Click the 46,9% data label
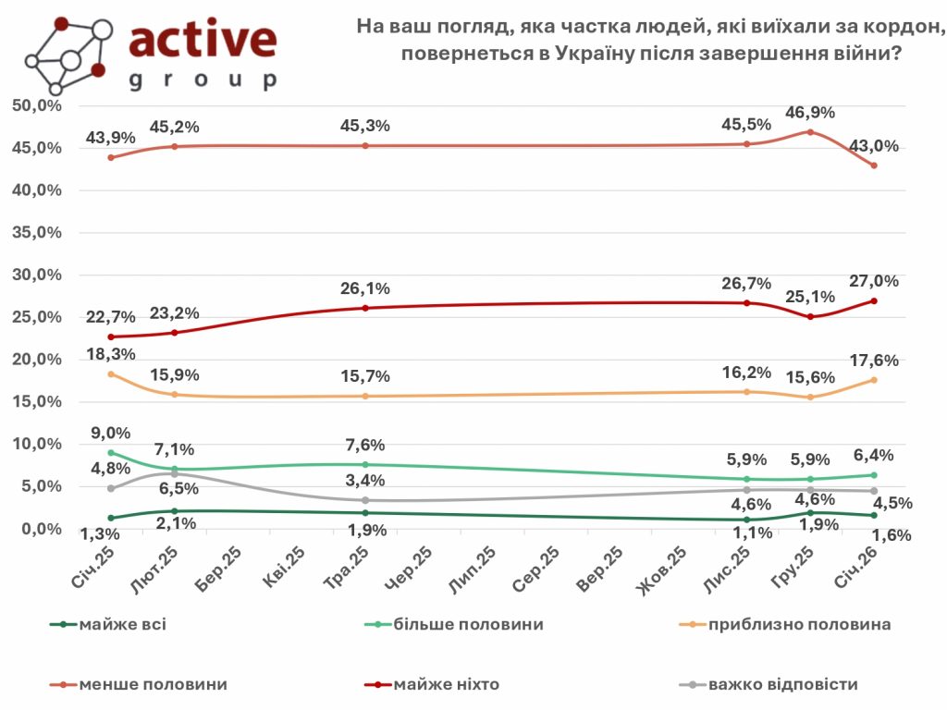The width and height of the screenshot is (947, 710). [x=810, y=113]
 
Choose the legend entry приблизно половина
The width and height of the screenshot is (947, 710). [x=799, y=624]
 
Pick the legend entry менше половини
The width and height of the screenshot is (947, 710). [x=153, y=685]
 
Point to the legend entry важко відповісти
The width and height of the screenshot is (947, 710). [x=782, y=685]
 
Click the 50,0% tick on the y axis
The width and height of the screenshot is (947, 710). [x=37, y=105]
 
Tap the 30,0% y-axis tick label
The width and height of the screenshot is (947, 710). [x=37, y=275]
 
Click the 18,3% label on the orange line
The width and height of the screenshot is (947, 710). [x=111, y=354]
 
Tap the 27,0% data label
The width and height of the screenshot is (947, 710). [x=874, y=281]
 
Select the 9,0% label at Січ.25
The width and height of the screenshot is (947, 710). [x=111, y=433]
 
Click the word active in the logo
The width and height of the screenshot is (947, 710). [x=203, y=39]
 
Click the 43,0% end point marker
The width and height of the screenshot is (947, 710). [x=873, y=165]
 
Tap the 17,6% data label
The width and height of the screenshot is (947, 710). [x=874, y=360]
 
